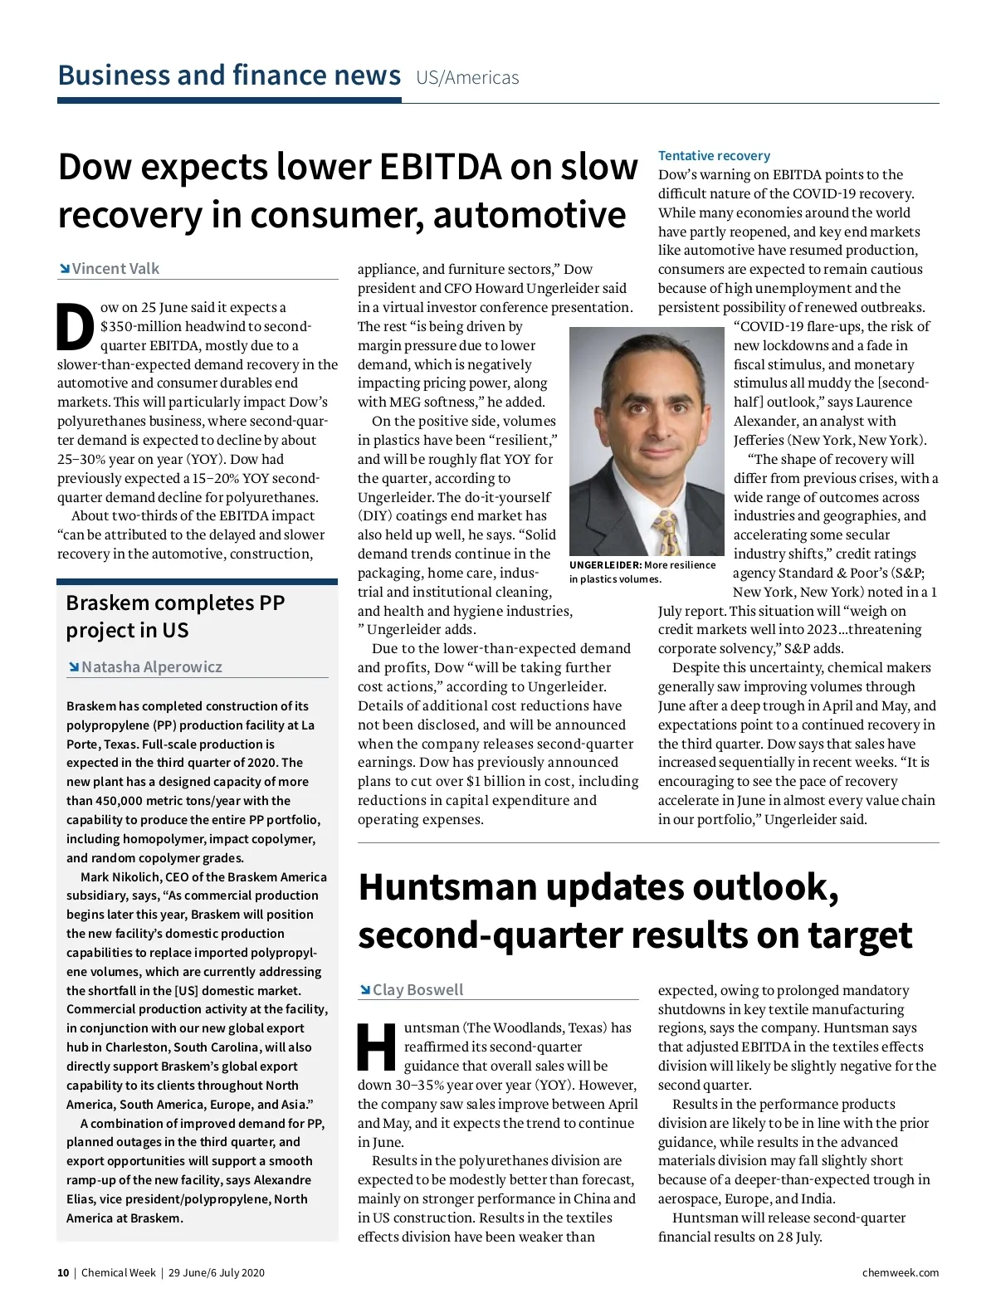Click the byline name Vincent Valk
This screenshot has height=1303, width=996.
point(115,269)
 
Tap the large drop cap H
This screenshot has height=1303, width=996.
point(377,1047)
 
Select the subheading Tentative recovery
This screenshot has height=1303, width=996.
point(714,156)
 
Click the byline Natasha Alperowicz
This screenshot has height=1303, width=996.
point(152,667)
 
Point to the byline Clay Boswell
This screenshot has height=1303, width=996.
point(417,990)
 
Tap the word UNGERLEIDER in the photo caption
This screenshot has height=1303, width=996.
point(605,565)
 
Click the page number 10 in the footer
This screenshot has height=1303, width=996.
point(63,1273)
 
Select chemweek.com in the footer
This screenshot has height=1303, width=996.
point(901,1273)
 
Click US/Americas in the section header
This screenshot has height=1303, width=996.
point(467,78)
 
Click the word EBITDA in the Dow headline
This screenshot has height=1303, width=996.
point(440,167)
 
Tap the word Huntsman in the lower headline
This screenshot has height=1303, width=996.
point(447,887)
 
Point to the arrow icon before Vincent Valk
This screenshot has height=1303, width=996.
point(64,269)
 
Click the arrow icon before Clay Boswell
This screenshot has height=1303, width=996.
point(365,990)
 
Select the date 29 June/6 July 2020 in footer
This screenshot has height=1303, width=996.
point(217,1273)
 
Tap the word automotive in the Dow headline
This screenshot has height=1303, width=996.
point(529,216)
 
